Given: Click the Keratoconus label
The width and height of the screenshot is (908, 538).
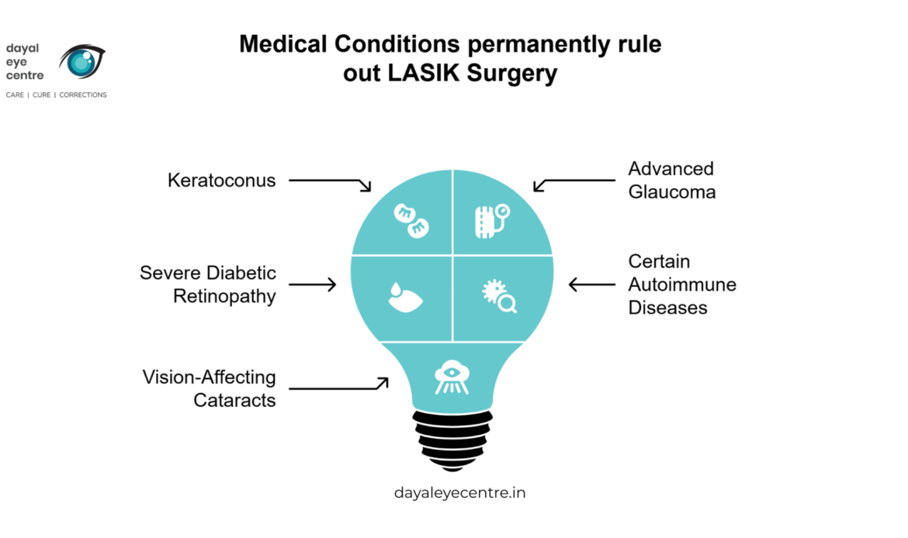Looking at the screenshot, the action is (221, 181).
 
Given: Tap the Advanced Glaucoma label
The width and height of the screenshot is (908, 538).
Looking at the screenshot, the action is (672, 180).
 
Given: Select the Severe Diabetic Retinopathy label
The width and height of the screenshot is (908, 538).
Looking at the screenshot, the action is (208, 284).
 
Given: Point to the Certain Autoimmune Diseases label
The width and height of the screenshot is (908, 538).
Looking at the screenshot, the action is (682, 284).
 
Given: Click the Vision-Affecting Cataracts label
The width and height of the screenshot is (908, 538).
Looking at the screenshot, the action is (209, 388).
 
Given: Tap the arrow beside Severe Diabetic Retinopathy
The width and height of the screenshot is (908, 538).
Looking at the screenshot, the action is (313, 285).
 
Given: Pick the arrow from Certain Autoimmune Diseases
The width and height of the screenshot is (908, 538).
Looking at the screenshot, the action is (592, 285).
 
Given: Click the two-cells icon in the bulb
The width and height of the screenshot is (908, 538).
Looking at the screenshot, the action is (411, 221).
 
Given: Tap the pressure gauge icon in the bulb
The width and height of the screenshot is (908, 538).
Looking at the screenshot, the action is (492, 221).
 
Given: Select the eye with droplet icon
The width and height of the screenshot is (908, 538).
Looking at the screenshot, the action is (405, 298).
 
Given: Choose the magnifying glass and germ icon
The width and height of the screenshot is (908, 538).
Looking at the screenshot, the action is (499, 296).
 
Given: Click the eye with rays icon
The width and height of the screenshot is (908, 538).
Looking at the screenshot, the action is (452, 378).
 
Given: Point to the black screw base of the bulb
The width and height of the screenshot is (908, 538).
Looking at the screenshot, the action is (452, 440).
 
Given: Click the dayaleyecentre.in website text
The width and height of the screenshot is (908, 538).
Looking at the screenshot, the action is (459, 493).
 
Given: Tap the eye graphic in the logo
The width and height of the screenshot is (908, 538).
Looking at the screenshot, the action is (82, 61).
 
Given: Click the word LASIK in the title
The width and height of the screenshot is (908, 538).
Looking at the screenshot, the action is (425, 74).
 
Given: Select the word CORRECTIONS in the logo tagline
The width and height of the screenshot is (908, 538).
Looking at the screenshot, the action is (83, 95).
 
